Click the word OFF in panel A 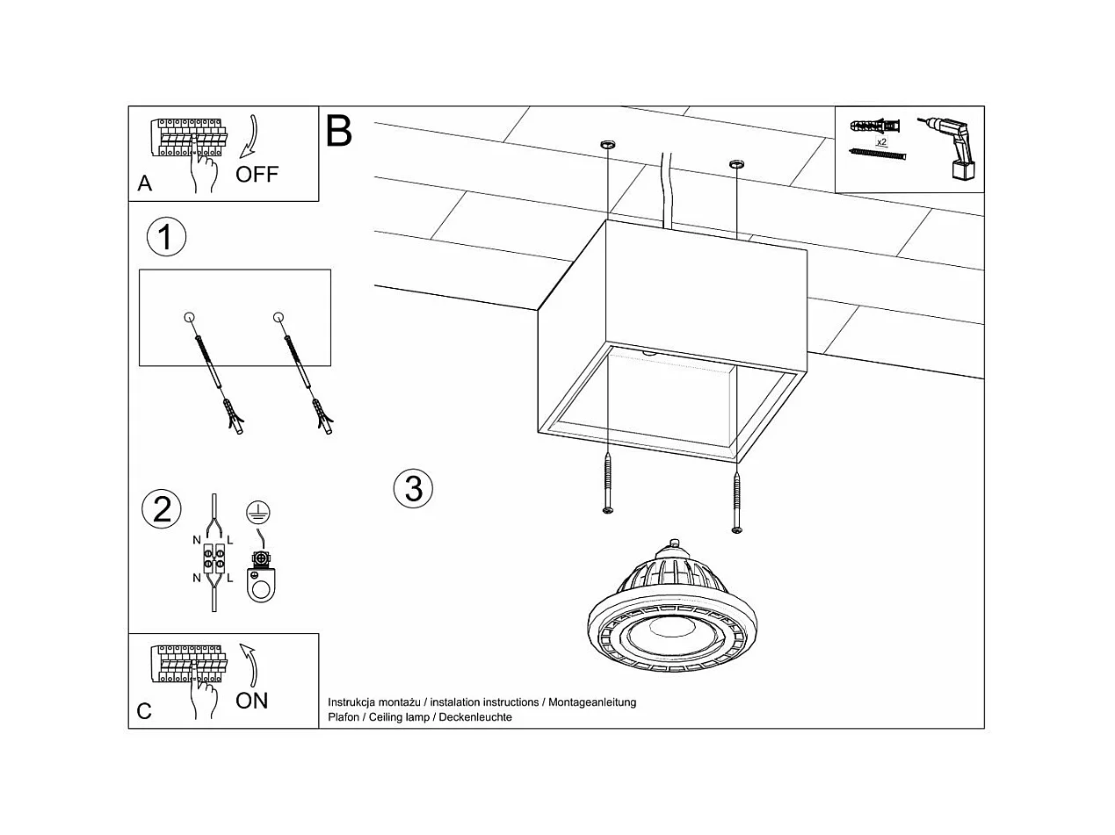[x=257, y=174]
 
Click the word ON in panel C [x=252, y=701]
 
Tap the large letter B [x=338, y=131]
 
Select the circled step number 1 [x=166, y=237]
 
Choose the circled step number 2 [x=163, y=509]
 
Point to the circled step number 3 [x=414, y=487]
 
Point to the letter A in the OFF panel [x=145, y=184]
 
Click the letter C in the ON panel [x=145, y=711]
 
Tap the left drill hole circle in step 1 [x=189, y=317]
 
